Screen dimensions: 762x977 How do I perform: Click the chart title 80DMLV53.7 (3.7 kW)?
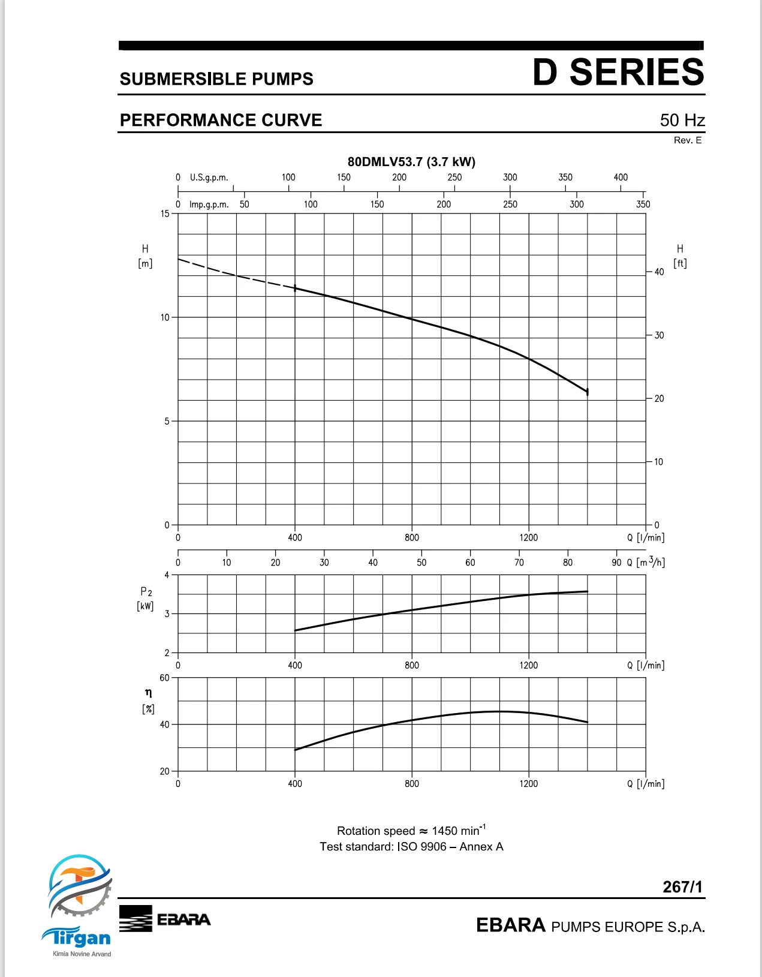[411, 162]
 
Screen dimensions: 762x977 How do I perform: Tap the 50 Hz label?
[682, 120]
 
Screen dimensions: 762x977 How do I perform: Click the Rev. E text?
[688, 140]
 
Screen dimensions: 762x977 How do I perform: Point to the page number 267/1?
[682, 886]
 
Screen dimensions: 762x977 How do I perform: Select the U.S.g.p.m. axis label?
[209, 178]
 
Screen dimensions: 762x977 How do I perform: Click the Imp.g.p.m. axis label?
[209, 205]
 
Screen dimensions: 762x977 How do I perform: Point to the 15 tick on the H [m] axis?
[165, 214]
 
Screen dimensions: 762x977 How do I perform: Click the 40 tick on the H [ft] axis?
[659, 272]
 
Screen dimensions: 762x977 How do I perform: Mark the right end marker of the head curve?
[587, 392]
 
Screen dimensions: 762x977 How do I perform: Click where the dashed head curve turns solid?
[295, 288]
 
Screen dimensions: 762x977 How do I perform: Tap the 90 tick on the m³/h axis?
[616, 563]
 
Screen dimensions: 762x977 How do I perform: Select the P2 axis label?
[146, 592]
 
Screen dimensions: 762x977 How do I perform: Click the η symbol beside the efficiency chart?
[148, 693]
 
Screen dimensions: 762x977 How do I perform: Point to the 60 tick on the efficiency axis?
[164, 678]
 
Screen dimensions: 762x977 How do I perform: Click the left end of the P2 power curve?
[295, 630]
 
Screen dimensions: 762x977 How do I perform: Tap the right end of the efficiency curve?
[587, 722]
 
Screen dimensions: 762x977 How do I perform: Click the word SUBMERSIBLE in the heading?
[183, 79]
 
